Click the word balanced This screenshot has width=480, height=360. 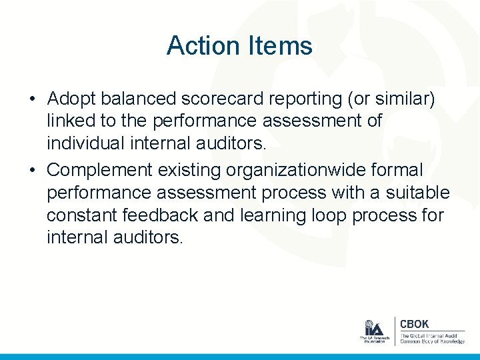[137, 99]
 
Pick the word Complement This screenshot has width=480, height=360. [100, 170]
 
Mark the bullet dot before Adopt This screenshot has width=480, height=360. [32, 100]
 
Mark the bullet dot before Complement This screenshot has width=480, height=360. [32, 171]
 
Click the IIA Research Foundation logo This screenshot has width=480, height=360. [373, 331]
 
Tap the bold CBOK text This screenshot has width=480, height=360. [415, 324]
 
